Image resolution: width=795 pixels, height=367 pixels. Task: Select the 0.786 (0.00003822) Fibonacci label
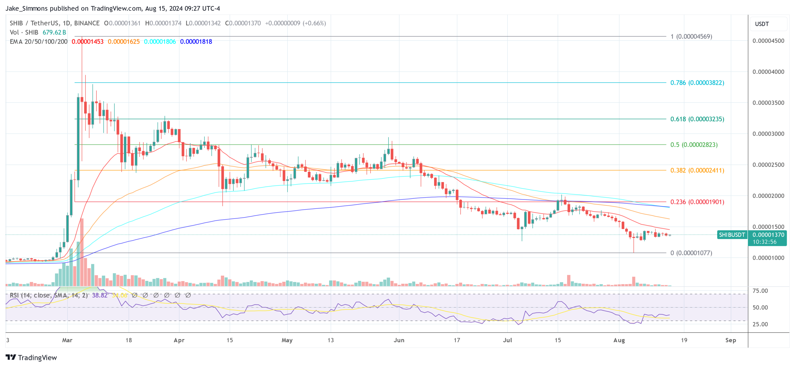pyautogui.click(x=697, y=83)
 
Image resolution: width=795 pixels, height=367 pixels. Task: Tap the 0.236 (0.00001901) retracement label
pyautogui.click(x=697, y=202)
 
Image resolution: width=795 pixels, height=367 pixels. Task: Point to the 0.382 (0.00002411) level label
pyautogui.click(x=697, y=170)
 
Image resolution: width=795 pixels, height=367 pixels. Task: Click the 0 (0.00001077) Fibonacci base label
pyautogui.click(x=691, y=253)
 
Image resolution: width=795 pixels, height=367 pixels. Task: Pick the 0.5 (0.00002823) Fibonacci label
pyautogui.click(x=694, y=145)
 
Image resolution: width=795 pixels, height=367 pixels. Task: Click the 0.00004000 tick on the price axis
pyautogui.click(x=768, y=72)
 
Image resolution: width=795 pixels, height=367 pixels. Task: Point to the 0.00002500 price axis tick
pyautogui.click(x=768, y=165)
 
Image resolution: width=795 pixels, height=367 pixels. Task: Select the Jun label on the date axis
pyautogui.click(x=399, y=340)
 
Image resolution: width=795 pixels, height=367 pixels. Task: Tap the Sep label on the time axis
pyautogui.click(x=731, y=340)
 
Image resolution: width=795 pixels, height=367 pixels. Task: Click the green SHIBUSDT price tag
pyautogui.click(x=732, y=235)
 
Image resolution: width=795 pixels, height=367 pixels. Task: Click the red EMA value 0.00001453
pyautogui.click(x=88, y=42)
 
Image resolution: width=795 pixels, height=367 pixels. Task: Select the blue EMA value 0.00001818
pyautogui.click(x=196, y=42)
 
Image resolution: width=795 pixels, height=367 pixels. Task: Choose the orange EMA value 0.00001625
pyautogui.click(x=123, y=42)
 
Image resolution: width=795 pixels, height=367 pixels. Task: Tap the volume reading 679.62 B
pyautogui.click(x=54, y=32)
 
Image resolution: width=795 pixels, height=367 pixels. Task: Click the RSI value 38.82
pyautogui.click(x=100, y=295)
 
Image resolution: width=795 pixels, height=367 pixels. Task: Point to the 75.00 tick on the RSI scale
pyautogui.click(x=760, y=291)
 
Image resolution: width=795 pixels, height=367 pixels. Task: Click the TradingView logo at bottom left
pyautogui.click(x=32, y=357)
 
